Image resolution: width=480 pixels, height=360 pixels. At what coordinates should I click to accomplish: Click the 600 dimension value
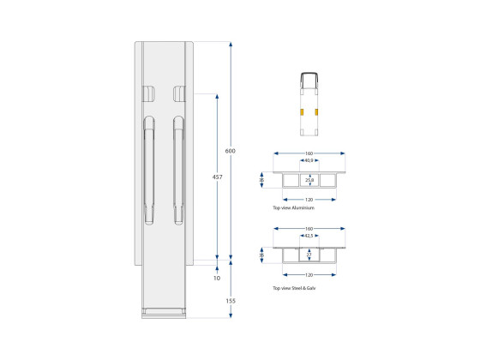tap(230, 151)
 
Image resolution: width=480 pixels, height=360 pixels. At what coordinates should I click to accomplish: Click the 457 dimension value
tap(218, 177)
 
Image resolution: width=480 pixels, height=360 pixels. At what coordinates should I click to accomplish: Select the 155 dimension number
tap(231, 301)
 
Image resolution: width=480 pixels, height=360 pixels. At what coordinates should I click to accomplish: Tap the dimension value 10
tap(217, 278)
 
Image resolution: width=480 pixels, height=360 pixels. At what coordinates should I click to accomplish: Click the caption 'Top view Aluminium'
tap(293, 208)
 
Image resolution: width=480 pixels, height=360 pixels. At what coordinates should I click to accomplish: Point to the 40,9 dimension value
tap(308, 160)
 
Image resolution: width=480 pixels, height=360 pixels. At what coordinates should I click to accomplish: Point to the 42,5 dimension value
tap(308, 234)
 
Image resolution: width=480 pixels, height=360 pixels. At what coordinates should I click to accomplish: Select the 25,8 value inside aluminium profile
tap(309, 180)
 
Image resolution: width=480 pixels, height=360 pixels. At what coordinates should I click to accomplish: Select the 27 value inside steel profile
tap(309, 255)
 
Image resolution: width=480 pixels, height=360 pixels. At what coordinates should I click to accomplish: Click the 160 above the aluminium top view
tap(309, 153)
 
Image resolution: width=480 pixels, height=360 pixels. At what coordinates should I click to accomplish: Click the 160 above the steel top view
tap(309, 227)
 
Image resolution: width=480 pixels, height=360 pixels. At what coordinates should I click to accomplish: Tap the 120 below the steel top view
tap(309, 275)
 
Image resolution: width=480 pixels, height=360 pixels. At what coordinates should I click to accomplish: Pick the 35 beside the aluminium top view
tap(263, 180)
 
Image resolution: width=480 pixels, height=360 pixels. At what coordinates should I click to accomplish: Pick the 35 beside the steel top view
tap(263, 255)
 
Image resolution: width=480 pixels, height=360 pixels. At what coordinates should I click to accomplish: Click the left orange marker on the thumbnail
tap(301, 112)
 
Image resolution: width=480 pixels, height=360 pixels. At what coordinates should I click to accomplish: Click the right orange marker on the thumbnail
tap(316, 112)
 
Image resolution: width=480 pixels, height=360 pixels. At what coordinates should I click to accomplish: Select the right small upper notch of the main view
tap(178, 93)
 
